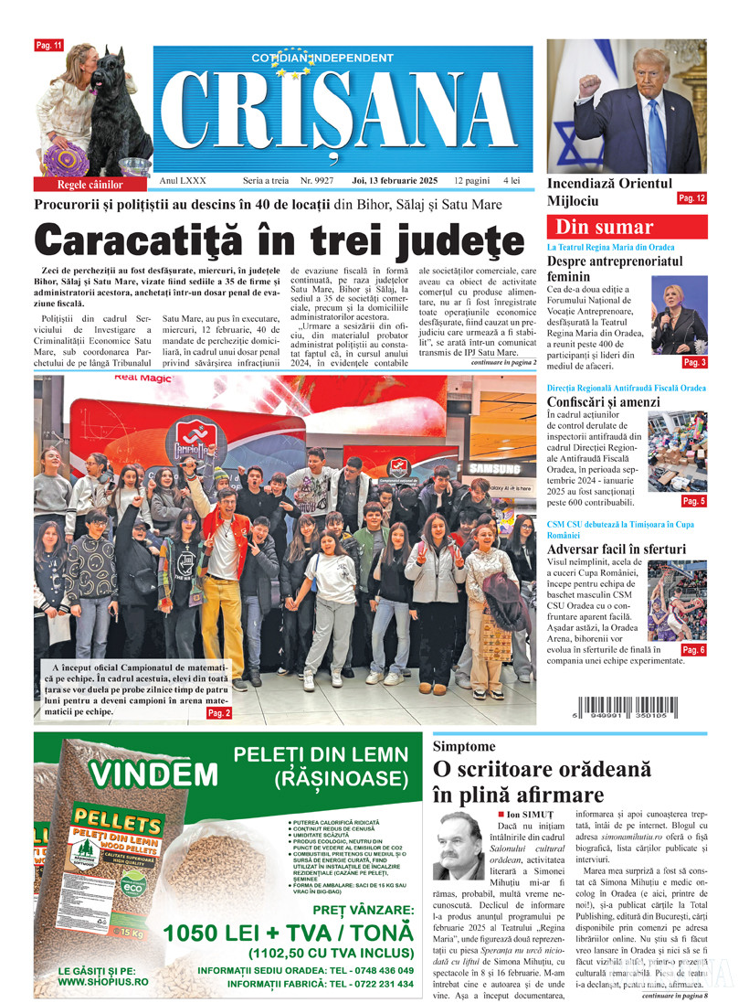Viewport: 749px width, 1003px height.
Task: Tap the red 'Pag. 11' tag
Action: tap(48, 45)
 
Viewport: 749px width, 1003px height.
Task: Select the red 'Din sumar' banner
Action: tap(627, 228)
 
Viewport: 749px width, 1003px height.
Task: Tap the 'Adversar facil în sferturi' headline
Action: tap(616, 550)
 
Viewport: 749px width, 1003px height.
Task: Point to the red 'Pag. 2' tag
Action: tap(219, 712)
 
